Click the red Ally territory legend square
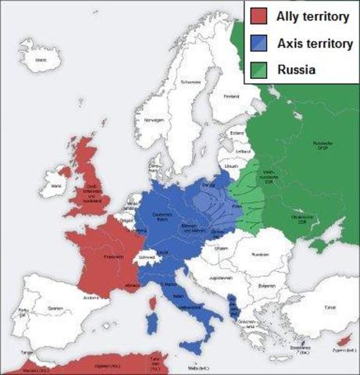click(259, 16)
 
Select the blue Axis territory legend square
click(259, 43)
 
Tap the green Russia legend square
click(259, 70)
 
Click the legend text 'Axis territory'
click(310, 43)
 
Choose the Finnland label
click(231, 97)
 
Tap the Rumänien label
click(261, 255)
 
